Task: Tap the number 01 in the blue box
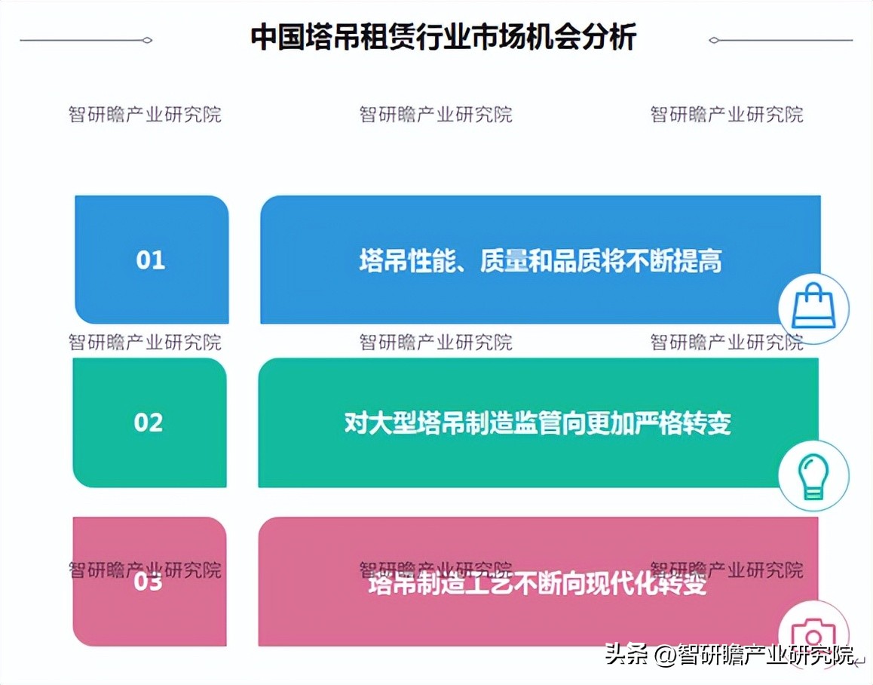(151, 260)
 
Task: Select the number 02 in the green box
(149, 422)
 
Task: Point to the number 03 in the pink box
(149, 582)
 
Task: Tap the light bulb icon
(813, 476)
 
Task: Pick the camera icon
(813, 632)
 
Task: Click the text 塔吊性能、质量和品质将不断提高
(540, 261)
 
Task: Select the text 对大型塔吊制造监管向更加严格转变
(538, 423)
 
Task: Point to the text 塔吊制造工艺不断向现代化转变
(538, 583)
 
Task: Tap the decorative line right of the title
(781, 40)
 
